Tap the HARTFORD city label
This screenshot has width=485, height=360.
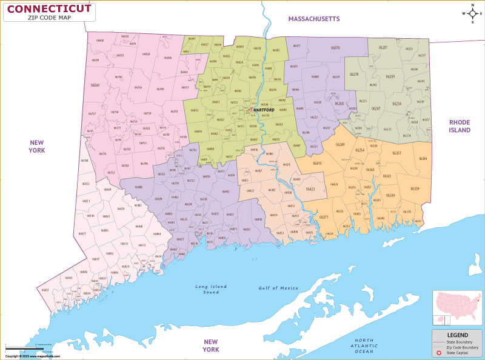coord(264,110)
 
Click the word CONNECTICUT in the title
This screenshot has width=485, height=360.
coord(50,8)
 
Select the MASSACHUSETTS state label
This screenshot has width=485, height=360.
coord(314,19)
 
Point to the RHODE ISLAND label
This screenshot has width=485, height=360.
coord(460,125)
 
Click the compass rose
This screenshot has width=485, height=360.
coord(471,13)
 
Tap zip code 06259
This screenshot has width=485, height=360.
coord(390,76)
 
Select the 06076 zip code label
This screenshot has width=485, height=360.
coord(335,47)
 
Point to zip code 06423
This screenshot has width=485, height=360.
coord(310,190)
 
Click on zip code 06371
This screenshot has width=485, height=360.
coord(324,217)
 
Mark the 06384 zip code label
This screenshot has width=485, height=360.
coord(423,159)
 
